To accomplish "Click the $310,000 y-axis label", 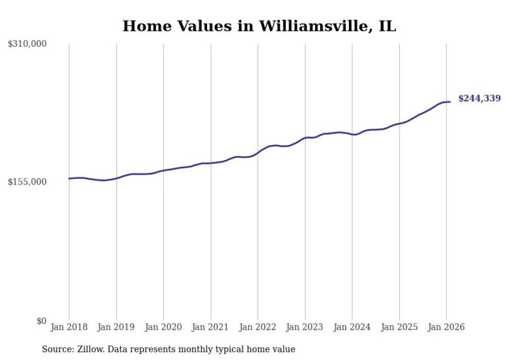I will [x=27, y=44].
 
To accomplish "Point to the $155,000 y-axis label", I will [x=27, y=182].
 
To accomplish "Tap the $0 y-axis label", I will [x=42, y=321].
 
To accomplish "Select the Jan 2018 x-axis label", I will [x=69, y=327].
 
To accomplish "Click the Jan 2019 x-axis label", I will [x=116, y=327].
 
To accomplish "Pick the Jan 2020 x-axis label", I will [x=163, y=327].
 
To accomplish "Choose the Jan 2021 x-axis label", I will [x=211, y=327].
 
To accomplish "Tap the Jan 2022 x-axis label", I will [x=258, y=327].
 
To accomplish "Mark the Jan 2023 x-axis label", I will [x=305, y=327].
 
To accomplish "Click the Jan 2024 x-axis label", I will [x=352, y=327].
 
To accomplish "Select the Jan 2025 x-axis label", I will [x=399, y=327].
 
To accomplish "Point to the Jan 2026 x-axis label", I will [x=446, y=327].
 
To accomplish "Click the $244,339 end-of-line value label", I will [x=479, y=98].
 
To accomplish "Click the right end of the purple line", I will [x=450, y=101].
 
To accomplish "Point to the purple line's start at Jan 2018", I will [x=69, y=179].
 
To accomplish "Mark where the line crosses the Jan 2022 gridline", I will [x=258, y=152].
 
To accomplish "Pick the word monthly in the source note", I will [x=200, y=349].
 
